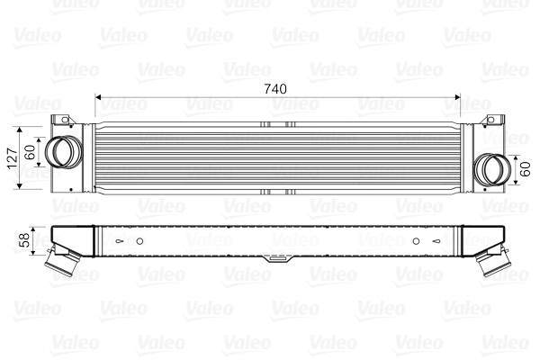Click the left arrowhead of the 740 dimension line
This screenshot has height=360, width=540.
[x=98, y=96]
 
